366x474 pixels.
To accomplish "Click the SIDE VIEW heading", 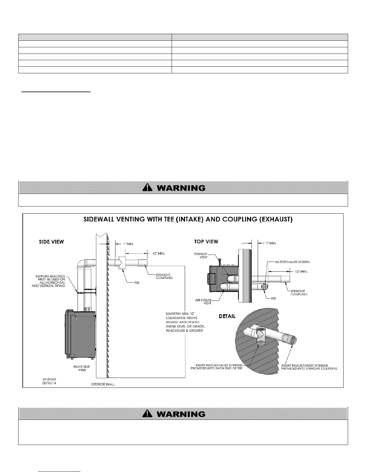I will click(x=51, y=242).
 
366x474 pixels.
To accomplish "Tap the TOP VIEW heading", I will click(x=206, y=241).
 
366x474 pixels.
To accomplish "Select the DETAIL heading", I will click(x=227, y=316).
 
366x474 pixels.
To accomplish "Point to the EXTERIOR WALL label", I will click(x=103, y=384).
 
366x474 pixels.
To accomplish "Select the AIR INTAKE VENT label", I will click(x=203, y=302).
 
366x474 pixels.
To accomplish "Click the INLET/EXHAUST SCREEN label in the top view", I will click(x=292, y=262).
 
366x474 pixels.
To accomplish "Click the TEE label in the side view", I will click(x=137, y=282).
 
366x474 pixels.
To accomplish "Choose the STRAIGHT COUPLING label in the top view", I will click(x=299, y=292).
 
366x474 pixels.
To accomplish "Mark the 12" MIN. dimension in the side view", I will click(x=158, y=253).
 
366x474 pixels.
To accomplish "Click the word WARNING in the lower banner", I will click(x=181, y=414).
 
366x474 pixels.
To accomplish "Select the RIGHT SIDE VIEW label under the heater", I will click(x=82, y=368).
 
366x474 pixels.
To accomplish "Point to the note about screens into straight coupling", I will click(x=309, y=367).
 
